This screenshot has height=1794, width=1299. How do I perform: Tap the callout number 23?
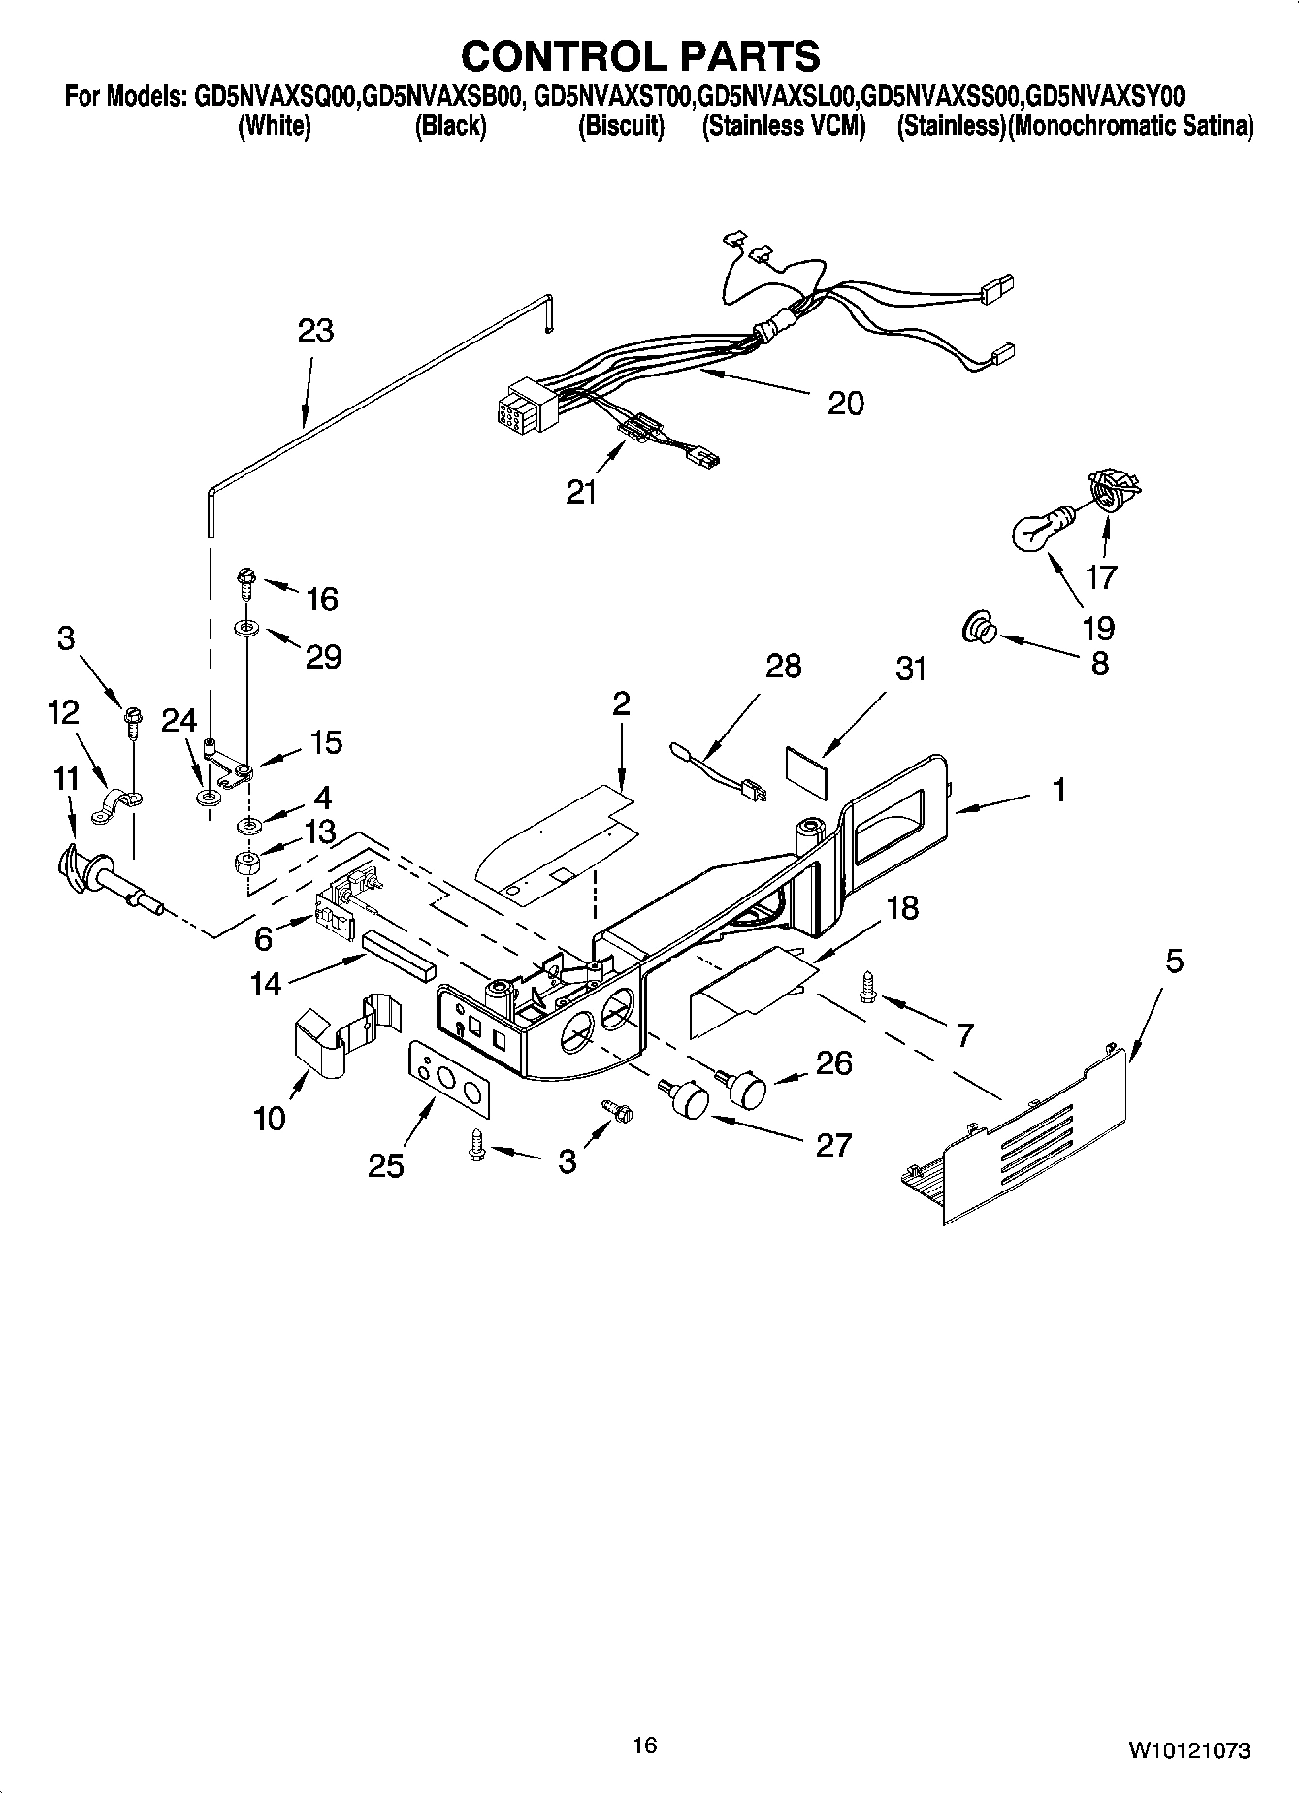pyautogui.click(x=315, y=331)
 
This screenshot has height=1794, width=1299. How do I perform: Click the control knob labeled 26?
pyautogui.click(x=747, y=1087)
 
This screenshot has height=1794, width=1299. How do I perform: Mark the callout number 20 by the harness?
pyautogui.click(x=845, y=403)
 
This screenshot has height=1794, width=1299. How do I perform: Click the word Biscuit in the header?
pyautogui.click(x=621, y=126)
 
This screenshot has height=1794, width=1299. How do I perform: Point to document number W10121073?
pyautogui.click(x=1187, y=1750)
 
